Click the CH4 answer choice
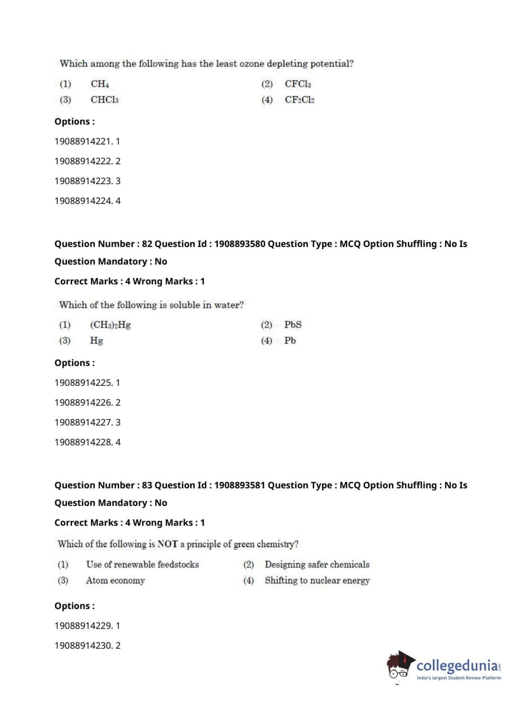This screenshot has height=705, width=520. coord(100,84)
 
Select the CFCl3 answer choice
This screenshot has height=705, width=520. coord(298,84)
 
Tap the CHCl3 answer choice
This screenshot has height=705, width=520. coord(104,100)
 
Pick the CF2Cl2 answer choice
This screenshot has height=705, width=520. coord(299,100)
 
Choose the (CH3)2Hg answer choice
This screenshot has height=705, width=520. coord(110,325)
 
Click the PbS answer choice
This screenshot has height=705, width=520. coord(292,325)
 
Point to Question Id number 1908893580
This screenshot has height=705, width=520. coord(239,244)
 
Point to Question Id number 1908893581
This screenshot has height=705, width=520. coord(239,485)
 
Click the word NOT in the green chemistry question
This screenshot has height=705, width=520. coord(167,544)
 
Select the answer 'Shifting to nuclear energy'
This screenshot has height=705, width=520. coord(317,580)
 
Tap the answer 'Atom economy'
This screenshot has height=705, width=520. coord(115,580)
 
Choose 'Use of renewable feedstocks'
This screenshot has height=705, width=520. coord(142,565)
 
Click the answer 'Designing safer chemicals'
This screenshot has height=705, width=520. coord(317,565)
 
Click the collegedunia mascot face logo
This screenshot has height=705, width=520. coord(400,665)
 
